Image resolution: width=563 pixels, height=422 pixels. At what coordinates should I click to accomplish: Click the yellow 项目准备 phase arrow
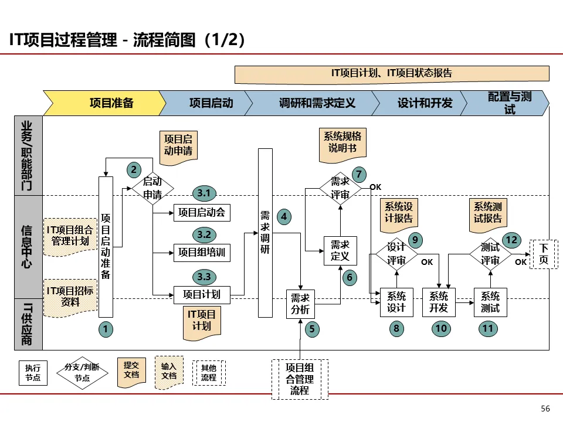[x=105, y=103]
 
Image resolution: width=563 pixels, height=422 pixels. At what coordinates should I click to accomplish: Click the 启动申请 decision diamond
[x=152, y=188]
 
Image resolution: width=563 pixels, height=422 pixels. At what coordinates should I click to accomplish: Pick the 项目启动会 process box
[x=202, y=212]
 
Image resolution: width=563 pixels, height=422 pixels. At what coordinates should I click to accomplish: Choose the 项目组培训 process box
[x=202, y=253]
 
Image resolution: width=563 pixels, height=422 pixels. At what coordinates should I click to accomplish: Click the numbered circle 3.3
[x=204, y=277]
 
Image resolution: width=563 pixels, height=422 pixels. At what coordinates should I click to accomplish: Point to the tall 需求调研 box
[x=265, y=233]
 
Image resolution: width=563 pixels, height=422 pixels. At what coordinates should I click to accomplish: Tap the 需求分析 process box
[x=300, y=304]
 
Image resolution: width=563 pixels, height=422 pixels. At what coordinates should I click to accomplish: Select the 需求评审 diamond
[x=340, y=188]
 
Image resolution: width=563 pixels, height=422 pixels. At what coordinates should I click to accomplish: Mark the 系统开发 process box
[x=439, y=302]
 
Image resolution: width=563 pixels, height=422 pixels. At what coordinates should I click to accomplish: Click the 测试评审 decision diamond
[x=490, y=254]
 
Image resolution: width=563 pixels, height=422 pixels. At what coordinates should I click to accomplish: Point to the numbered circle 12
[x=511, y=240]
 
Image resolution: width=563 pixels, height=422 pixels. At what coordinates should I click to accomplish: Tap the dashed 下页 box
[x=544, y=254]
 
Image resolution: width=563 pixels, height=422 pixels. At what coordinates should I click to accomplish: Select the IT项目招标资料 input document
[x=70, y=298]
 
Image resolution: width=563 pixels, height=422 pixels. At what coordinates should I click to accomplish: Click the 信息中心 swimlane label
[x=27, y=247]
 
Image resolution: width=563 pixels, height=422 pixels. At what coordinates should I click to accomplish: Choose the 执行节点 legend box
[x=33, y=373]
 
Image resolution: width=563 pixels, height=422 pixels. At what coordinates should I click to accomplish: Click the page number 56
[x=545, y=409]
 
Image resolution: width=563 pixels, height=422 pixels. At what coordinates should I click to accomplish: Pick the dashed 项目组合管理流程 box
[x=300, y=379]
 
